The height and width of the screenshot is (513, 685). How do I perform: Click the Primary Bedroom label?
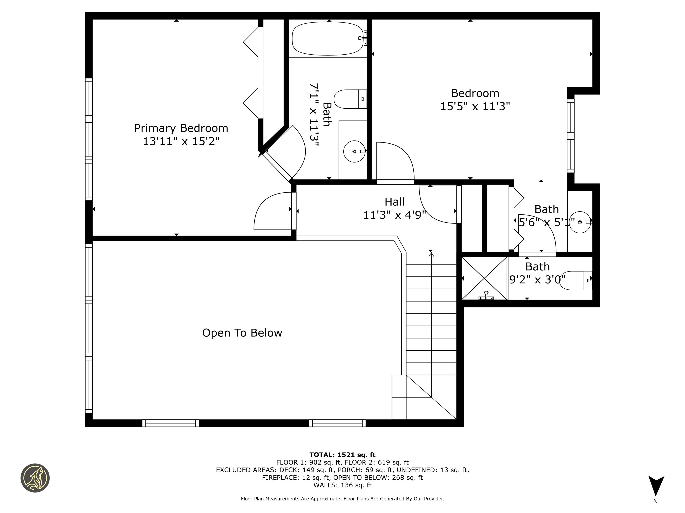tap(181, 128)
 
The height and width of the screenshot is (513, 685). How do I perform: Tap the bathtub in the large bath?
tap(328, 39)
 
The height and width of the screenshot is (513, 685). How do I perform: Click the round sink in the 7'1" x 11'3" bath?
tap(354, 152)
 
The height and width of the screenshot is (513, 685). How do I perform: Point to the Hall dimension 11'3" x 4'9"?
tap(394, 215)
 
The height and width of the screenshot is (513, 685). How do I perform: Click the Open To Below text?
tap(242, 333)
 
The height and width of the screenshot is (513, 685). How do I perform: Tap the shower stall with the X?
tap(484, 279)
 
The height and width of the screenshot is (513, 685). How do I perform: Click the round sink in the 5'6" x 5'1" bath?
tap(580, 222)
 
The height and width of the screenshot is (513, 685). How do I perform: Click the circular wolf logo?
tap(35, 478)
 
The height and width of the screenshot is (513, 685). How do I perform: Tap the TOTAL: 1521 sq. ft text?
tap(342, 455)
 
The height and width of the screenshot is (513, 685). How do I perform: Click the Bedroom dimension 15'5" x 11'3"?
tap(475, 106)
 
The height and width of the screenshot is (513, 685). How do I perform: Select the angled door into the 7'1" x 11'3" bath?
tap(288, 155)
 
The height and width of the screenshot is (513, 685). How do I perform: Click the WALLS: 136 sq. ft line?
tap(342, 485)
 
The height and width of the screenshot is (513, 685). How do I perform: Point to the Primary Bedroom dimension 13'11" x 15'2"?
tap(181, 142)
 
